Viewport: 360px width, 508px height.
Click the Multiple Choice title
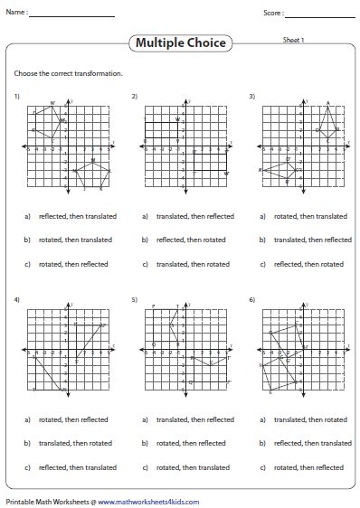coord(181,42)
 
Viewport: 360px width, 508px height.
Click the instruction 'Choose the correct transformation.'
coord(69,72)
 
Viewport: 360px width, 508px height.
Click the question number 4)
coord(17,298)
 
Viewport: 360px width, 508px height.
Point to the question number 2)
coord(135,96)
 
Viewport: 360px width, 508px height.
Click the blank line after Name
coord(79,14)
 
